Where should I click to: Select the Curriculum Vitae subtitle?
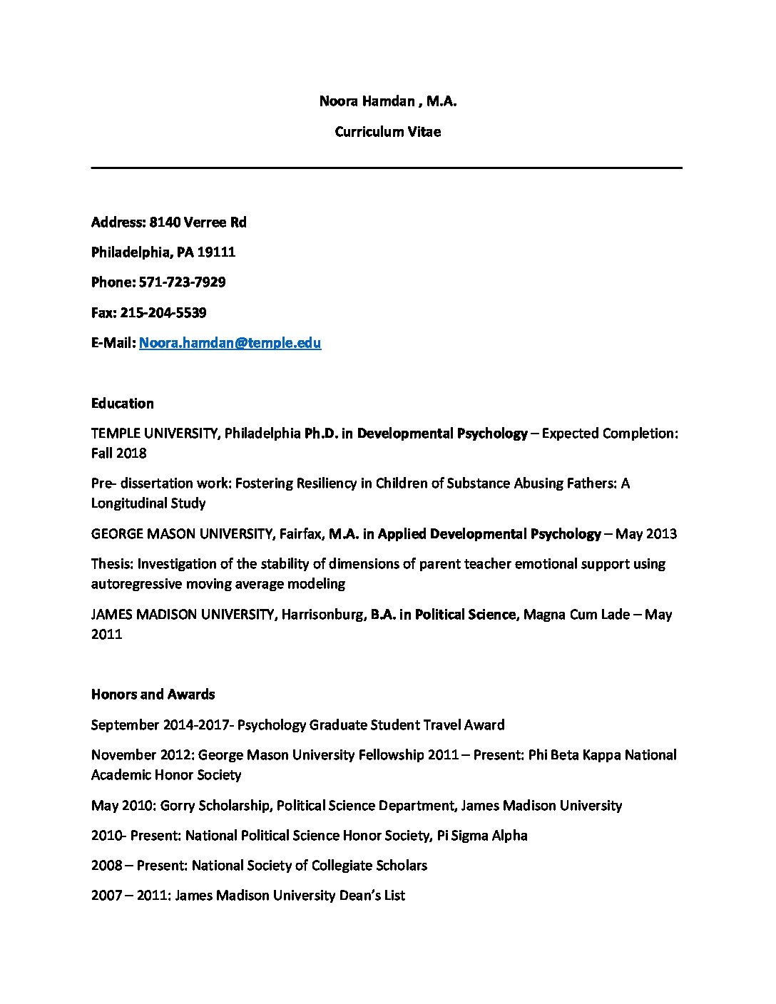click(x=387, y=132)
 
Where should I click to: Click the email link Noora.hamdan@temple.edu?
click(x=230, y=343)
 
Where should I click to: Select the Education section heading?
click(x=122, y=404)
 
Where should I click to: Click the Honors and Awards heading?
click(x=153, y=695)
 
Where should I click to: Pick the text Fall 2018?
click(x=118, y=454)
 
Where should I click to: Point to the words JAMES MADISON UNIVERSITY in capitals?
click(x=183, y=615)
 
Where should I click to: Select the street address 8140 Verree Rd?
click(x=198, y=222)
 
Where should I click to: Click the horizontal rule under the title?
click(x=387, y=168)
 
